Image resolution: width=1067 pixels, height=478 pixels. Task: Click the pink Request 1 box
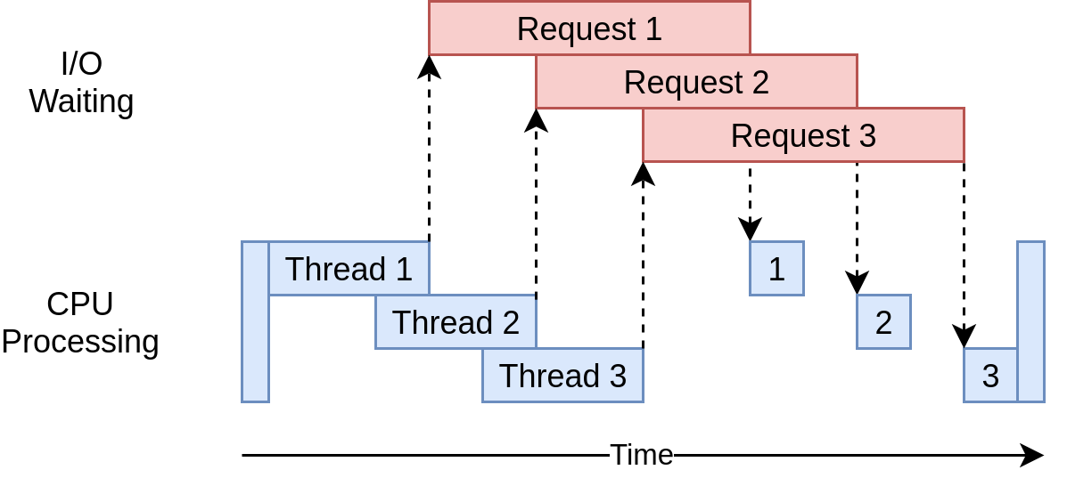point(589,28)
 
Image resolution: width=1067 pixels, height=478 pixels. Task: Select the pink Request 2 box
point(696,82)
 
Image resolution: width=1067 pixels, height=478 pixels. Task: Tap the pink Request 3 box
point(803,135)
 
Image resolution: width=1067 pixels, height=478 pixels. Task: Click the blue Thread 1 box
point(349,268)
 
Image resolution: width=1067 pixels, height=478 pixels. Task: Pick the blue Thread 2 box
point(456,322)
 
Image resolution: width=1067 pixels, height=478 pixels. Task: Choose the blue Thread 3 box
point(562,376)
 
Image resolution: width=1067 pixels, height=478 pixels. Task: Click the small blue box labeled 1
point(776,268)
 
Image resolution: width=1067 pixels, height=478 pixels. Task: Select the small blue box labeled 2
point(883,322)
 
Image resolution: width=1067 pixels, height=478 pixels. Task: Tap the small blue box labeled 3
point(989,376)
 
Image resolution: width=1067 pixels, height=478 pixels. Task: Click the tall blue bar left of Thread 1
point(255,322)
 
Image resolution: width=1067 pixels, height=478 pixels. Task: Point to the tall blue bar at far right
point(1030,322)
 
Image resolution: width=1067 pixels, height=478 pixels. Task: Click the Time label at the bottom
point(641,455)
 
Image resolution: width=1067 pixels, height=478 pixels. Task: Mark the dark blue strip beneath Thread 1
point(321,303)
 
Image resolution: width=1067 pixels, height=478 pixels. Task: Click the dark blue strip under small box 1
point(776,303)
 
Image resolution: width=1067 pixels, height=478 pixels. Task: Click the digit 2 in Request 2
point(759,83)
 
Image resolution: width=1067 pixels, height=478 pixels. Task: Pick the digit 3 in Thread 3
point(618,376)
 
